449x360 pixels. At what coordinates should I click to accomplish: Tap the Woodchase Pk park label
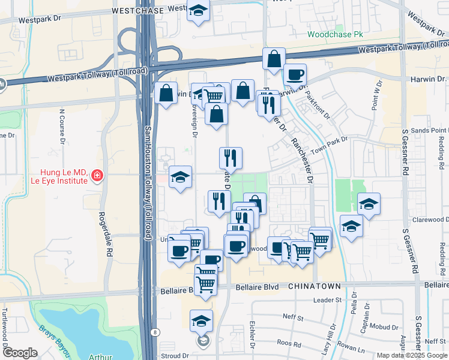336,35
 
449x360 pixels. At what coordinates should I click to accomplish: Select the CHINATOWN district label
315,286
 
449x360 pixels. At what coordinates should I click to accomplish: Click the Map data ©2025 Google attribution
411,355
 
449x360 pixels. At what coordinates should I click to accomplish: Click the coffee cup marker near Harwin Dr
295,75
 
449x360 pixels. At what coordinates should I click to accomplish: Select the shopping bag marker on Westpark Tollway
274,60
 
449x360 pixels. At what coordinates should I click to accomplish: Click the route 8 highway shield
156,331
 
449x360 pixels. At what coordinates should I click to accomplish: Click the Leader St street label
327,299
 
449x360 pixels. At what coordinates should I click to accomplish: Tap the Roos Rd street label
289,343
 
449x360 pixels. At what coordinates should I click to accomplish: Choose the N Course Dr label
62,127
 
